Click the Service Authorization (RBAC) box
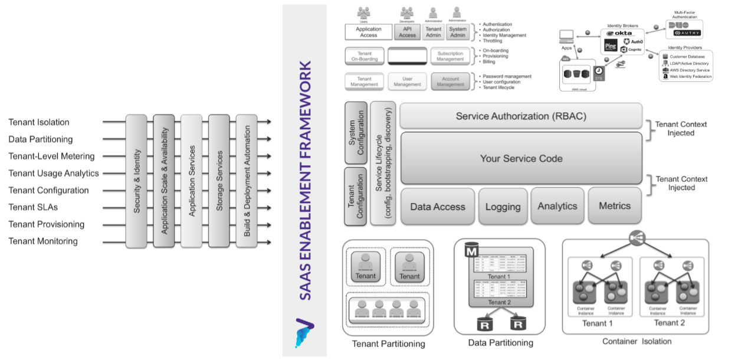521,116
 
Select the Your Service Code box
521,158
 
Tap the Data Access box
437,207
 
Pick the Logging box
503,207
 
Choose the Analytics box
557,206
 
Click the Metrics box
615,206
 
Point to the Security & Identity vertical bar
136,181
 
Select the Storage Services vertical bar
219,181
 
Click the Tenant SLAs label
33,207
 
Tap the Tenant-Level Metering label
51,156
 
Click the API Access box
407,32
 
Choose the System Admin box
458,32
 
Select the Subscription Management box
451,56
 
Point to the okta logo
619,33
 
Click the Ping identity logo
611,47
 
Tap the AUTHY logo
688,33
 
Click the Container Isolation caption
636,341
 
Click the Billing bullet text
488,61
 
